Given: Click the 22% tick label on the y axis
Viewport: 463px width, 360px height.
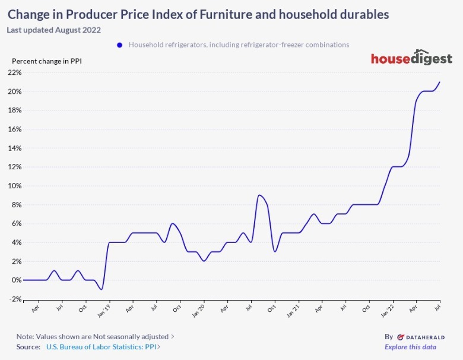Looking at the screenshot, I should click(x=14, y=72).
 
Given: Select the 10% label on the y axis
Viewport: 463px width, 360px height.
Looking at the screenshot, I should click(x=14, y=186).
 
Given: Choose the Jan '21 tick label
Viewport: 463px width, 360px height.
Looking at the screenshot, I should click(x=293, y=310).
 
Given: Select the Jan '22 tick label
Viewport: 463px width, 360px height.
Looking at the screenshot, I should click(x=387, y=310).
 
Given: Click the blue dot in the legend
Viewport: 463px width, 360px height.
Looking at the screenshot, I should click(x=120, y=45).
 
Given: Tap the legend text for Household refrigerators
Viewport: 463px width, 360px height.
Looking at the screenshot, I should click(x=239, y=45).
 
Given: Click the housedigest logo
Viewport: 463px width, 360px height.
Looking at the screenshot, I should click(x=411, y=59).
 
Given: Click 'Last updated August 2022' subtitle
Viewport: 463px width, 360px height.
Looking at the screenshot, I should click(x=54, y=30).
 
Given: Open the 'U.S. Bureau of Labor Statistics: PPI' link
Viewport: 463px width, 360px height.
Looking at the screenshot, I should click(x=102, y=347).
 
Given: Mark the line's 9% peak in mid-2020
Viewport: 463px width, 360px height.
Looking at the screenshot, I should click(x=259, y=195).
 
